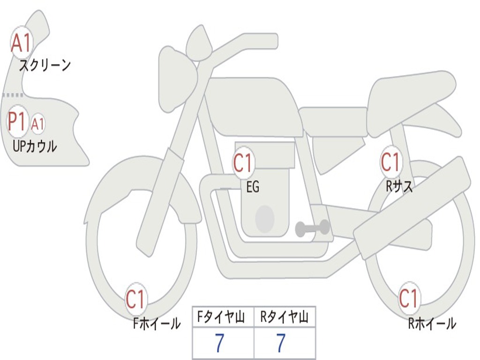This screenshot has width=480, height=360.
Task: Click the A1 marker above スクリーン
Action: pos(22,43)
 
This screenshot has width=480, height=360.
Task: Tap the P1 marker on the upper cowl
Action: pos(17,121)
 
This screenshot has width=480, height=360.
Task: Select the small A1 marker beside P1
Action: pos(37,124)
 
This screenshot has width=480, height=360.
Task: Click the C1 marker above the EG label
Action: pos(243,163)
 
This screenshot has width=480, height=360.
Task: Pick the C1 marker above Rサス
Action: pos(390,162)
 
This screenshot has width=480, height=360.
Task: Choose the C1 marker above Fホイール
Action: pos(135,299)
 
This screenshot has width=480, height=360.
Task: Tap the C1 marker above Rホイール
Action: pos(408,298)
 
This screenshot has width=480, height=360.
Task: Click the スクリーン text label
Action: pos(45,65)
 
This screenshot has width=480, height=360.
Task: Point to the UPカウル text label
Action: pos(35,146)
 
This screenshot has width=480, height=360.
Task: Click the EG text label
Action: pos(253,187)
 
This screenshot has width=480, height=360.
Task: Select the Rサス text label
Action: pos(399,186)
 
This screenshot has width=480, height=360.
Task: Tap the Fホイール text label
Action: pos(157,323)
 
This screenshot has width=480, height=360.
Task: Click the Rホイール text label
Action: pos(432,323)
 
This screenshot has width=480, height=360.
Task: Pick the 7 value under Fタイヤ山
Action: pos(219,343)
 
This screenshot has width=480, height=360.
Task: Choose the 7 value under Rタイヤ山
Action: pos(281,343)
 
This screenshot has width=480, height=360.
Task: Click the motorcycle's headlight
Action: pos(178,80)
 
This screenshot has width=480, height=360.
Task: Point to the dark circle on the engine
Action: pos(265,218)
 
